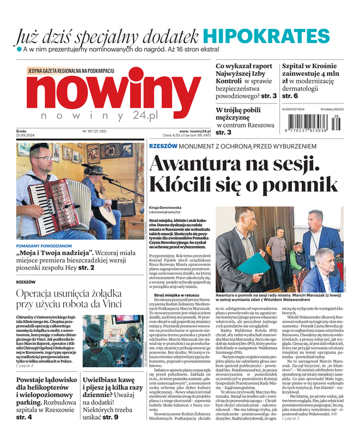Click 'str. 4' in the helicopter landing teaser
pyautogui.click(x=24, y=417)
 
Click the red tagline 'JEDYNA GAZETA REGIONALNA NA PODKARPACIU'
pyautogui.click(x=71, y=70)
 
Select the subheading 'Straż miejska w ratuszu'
pyautogui.click(x=175, y=295)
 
